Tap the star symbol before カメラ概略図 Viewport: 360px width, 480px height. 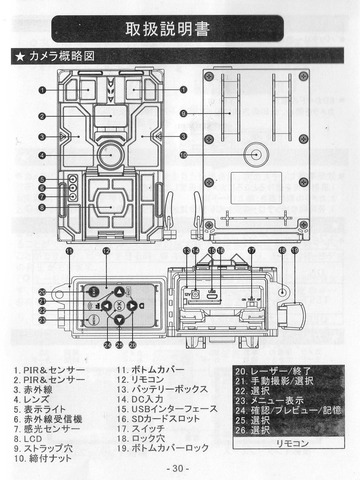19,60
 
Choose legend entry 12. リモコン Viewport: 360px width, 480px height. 146,381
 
